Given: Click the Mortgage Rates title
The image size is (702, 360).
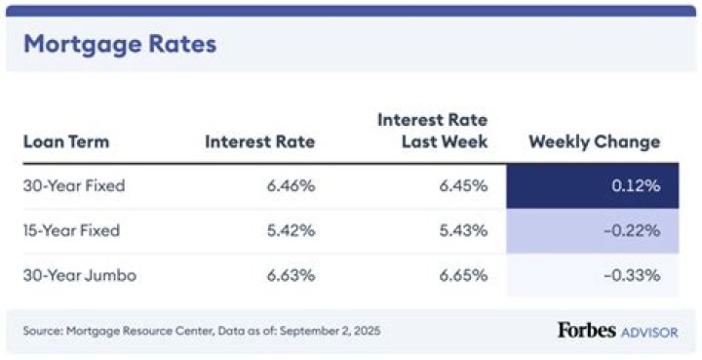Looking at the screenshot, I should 119,44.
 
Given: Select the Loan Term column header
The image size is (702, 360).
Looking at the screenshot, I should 66,141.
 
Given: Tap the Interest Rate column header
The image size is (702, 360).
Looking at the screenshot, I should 259,141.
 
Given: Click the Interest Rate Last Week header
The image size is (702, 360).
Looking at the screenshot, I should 432,131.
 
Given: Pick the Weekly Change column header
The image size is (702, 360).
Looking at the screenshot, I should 594,141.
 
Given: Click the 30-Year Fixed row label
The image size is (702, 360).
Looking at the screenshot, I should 74,186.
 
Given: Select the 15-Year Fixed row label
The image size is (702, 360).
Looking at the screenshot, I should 72,231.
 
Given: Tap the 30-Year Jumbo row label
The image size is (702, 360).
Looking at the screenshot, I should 79,275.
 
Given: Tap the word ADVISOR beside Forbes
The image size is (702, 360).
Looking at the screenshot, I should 649,332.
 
